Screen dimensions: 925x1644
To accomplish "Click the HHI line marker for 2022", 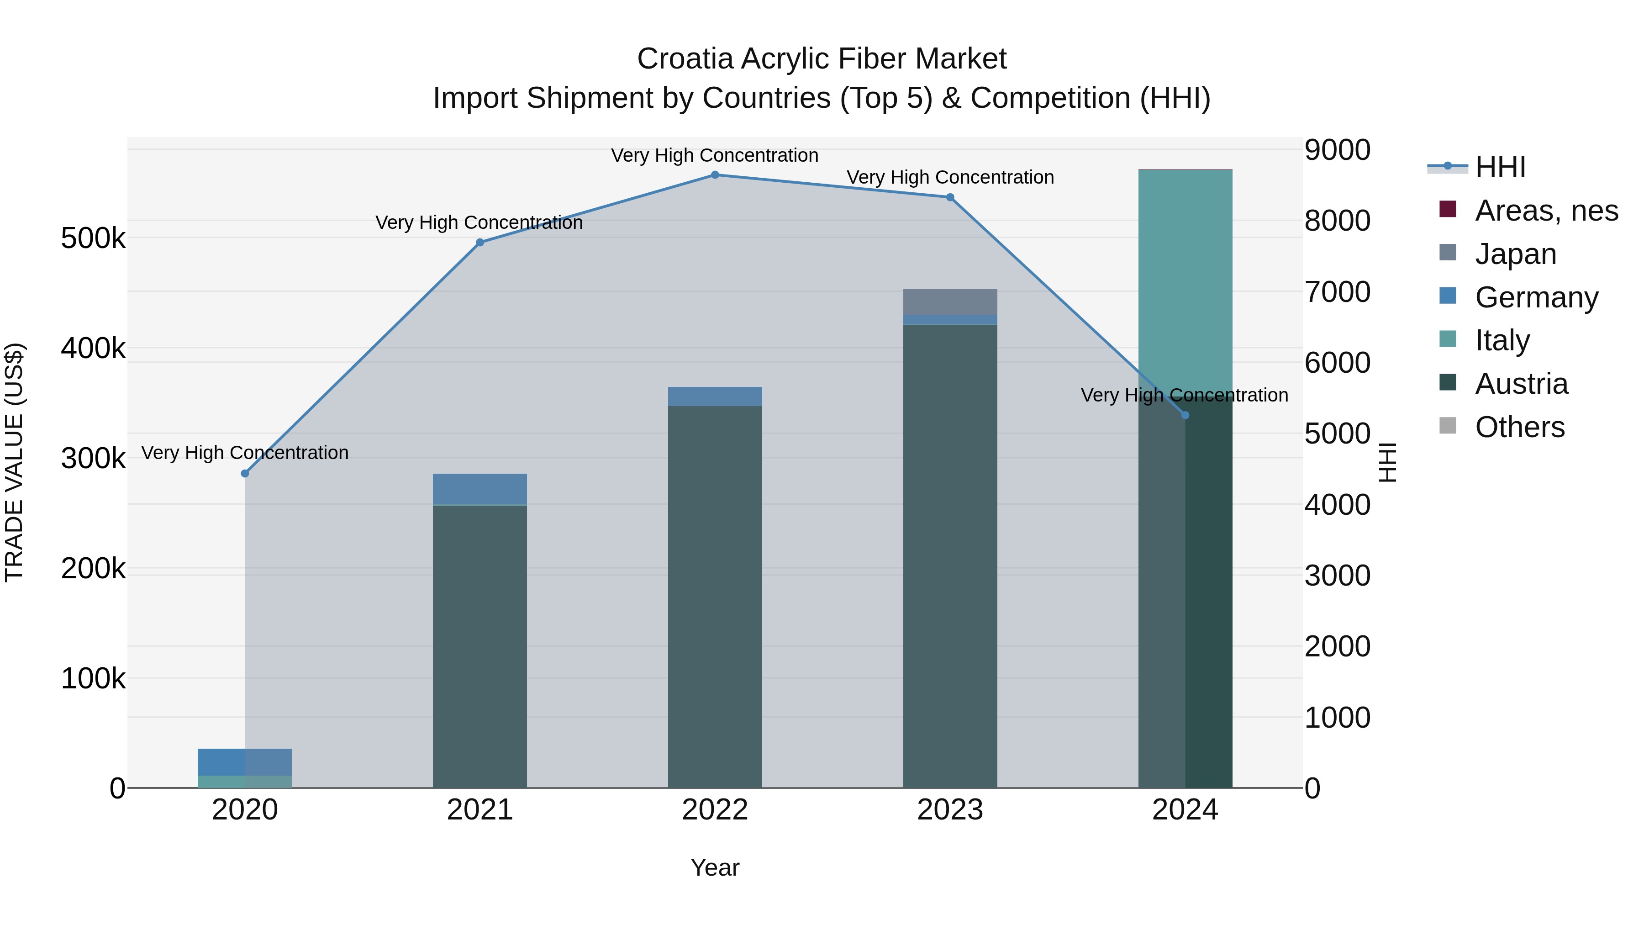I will (x=715, y=175).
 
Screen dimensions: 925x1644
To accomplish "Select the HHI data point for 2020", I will (x=245, y=474).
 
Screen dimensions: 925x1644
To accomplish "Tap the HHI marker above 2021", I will (x=480, y=243).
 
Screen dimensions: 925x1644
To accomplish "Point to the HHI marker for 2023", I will (x=950, y=197).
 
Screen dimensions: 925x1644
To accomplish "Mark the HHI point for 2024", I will (x=1185, y=415).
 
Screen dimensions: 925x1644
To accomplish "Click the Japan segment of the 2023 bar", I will (x=950, y=302).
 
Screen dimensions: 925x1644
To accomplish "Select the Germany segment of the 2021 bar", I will (x=480, y=489).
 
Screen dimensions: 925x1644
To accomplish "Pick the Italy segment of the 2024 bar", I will (x=1185, y=281).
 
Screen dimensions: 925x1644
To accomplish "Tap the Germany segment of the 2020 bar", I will (x=245, y=761).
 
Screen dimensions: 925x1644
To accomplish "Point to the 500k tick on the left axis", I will (x=93, y=239).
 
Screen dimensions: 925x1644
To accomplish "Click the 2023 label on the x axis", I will (x=950, y=810).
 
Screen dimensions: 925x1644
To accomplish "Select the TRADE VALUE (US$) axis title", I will (x=14, y=462).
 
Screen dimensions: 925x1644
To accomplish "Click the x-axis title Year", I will (x=715, y=867).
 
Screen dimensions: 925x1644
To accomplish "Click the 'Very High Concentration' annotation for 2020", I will (x=245, y=453).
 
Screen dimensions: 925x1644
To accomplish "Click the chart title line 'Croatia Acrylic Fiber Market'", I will (x=822, y=59).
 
